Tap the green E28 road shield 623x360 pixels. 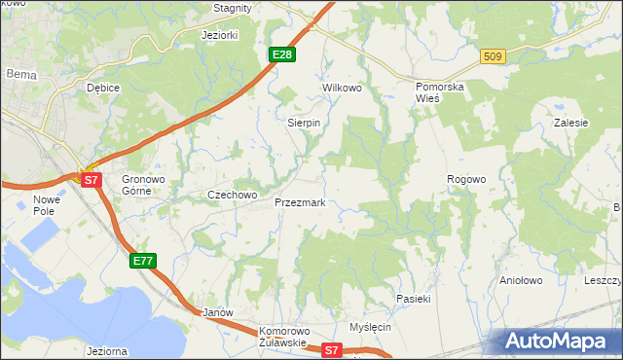282,54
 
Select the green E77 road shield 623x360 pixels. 143,261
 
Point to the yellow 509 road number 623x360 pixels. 493,57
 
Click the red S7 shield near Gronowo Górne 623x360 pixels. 91,180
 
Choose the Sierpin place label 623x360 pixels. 304,124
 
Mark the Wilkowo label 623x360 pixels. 342,88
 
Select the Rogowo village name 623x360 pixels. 465,179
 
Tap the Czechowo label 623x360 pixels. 232,195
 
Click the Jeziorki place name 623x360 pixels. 219,35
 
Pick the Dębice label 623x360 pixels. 102,88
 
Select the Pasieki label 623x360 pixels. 413,298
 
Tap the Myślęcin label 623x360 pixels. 370,327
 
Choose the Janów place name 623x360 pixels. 218,312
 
